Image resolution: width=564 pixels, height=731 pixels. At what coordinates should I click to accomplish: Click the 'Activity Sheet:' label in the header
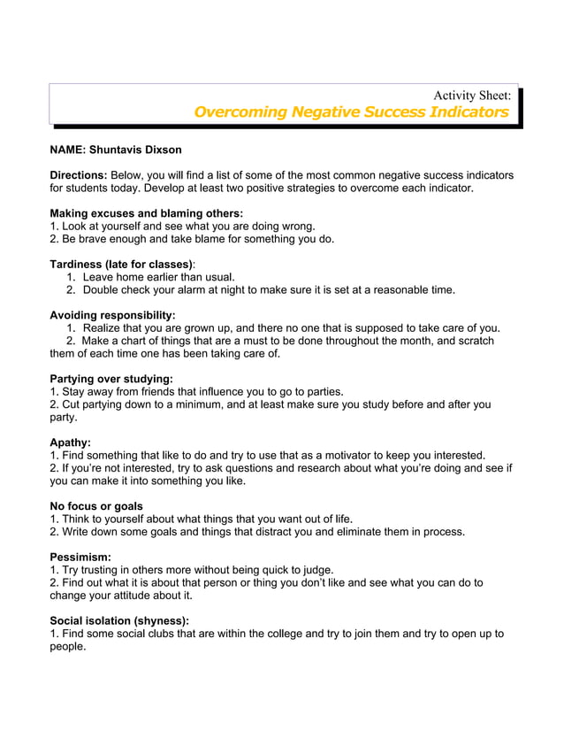pyautogui.click(x=471, y=95)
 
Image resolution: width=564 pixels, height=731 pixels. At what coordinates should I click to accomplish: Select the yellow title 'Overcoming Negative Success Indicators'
pyautogui.click(x=351, y=112)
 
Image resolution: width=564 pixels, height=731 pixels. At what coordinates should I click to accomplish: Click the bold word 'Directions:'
pyautogui.click(x=79, y=175)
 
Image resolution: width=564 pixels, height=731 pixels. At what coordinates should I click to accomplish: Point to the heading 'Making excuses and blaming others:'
pyautogui.click(x=146, y=213)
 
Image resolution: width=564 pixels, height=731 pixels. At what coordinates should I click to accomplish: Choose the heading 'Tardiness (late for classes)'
pyautogui.click(x=121, y=264)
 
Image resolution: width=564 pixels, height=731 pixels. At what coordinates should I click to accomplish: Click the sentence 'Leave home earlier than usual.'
pyautogui.click(x=158, y=277)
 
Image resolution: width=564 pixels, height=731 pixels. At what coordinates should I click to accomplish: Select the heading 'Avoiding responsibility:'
pyautogui.click(x=112, y=315)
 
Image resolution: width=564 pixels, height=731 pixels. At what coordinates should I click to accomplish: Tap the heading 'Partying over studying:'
pyautogui.click(x=111, y=379)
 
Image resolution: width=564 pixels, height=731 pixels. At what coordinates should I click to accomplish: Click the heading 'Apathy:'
pyautogui.click(x=71, y=442)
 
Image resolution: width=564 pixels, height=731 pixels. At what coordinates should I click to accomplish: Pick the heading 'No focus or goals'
pyautogui.click(x=96, y=506)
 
